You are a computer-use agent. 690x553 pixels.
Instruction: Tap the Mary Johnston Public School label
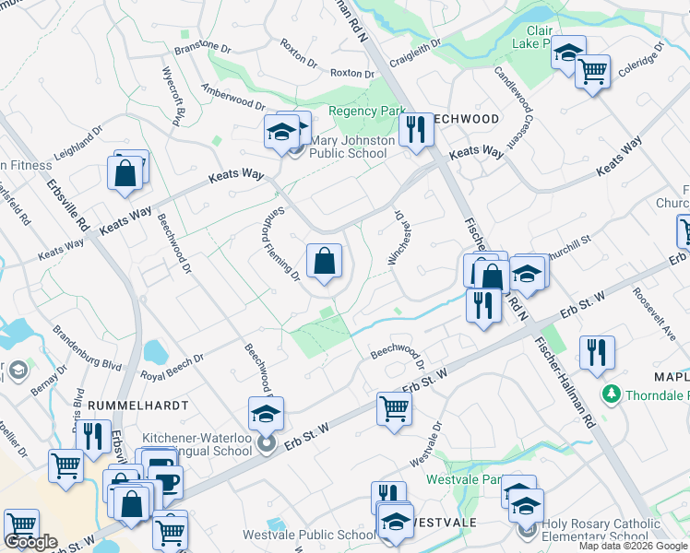click(x=352, y=147)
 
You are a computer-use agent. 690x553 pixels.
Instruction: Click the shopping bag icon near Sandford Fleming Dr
click(x=324, y=262)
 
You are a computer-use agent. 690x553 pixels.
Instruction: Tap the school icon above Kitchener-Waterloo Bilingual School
click(x=266, y=414)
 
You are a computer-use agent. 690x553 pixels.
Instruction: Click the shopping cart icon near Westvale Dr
click(x=394, y=407)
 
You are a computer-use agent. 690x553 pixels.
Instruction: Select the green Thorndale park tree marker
click(x=609, y=394)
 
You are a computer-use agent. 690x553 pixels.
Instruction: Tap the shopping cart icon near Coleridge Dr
click(x=592, y=70)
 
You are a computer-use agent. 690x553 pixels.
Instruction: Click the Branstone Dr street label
click(x=201, y=46)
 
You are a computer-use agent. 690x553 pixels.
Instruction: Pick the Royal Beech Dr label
click(x=172, y=368)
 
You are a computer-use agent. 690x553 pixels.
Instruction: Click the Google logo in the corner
click(x=31, y=542)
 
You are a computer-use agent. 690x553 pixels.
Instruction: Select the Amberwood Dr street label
click(x=233, y=100)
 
